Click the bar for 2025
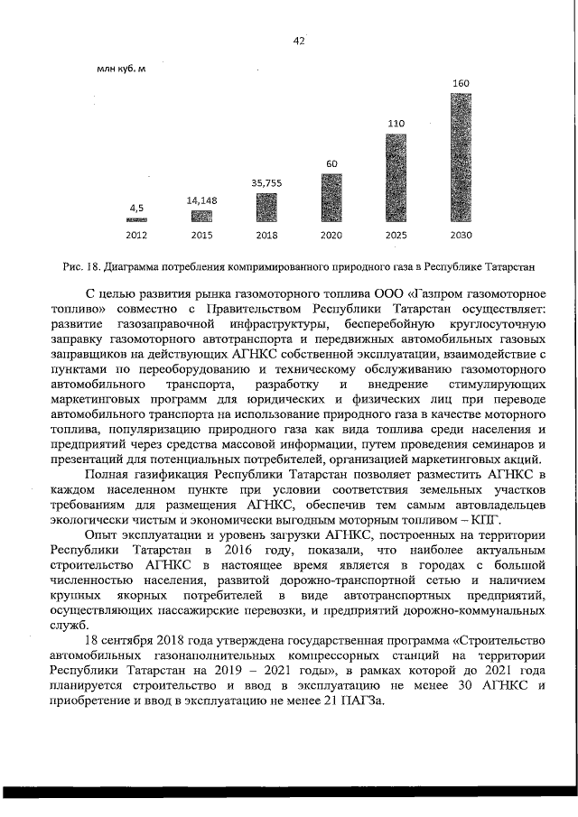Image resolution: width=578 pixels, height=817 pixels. pos(396,178)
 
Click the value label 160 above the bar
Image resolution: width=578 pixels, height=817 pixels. pos(461,84)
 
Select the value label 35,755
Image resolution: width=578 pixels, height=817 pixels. pos(266,183)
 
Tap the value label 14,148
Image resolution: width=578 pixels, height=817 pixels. pos(201,200)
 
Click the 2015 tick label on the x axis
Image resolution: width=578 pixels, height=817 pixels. pos(201,235)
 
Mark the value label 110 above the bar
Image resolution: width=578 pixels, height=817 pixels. pos(396,123)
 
